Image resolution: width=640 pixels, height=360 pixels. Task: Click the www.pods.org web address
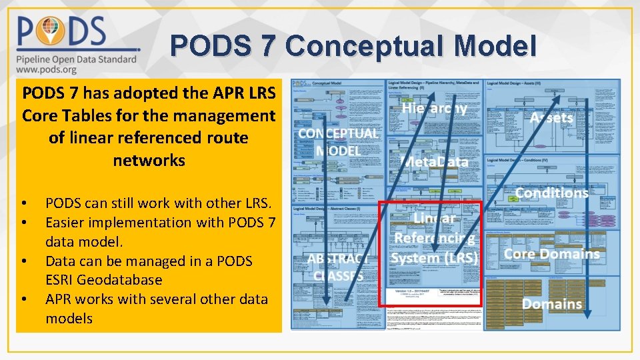[47, 69]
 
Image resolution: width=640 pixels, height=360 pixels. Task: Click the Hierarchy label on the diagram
[434, 108]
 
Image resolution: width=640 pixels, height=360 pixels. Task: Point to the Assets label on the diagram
[551, 118]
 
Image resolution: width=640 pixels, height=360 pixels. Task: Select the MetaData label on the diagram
[437, 162]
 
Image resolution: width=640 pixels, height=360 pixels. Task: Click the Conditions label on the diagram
[551, 193]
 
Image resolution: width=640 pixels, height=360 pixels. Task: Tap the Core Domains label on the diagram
[551, 253]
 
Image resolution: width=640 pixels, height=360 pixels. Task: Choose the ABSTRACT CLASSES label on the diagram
[339, 267]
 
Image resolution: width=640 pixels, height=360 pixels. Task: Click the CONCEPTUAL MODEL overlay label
[339, 141]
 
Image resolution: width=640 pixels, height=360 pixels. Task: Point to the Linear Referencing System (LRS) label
[435, 238]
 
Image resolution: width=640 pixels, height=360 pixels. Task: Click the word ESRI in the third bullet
[62, 280]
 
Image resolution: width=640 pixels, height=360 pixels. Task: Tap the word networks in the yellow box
[149, 161]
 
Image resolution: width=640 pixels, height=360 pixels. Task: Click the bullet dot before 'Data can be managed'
[23, 261]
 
